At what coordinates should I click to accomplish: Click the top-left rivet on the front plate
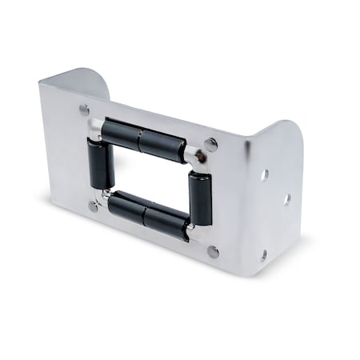[84, 110]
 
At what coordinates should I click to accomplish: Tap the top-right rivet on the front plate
[210, 145]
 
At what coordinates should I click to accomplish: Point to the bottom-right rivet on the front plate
[213, 251]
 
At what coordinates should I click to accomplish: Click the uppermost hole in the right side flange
[264, 174]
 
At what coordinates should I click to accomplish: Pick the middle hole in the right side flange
[286, 198]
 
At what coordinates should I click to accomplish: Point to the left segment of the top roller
[122, 134]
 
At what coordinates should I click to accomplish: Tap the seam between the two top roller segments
[141, 140]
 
